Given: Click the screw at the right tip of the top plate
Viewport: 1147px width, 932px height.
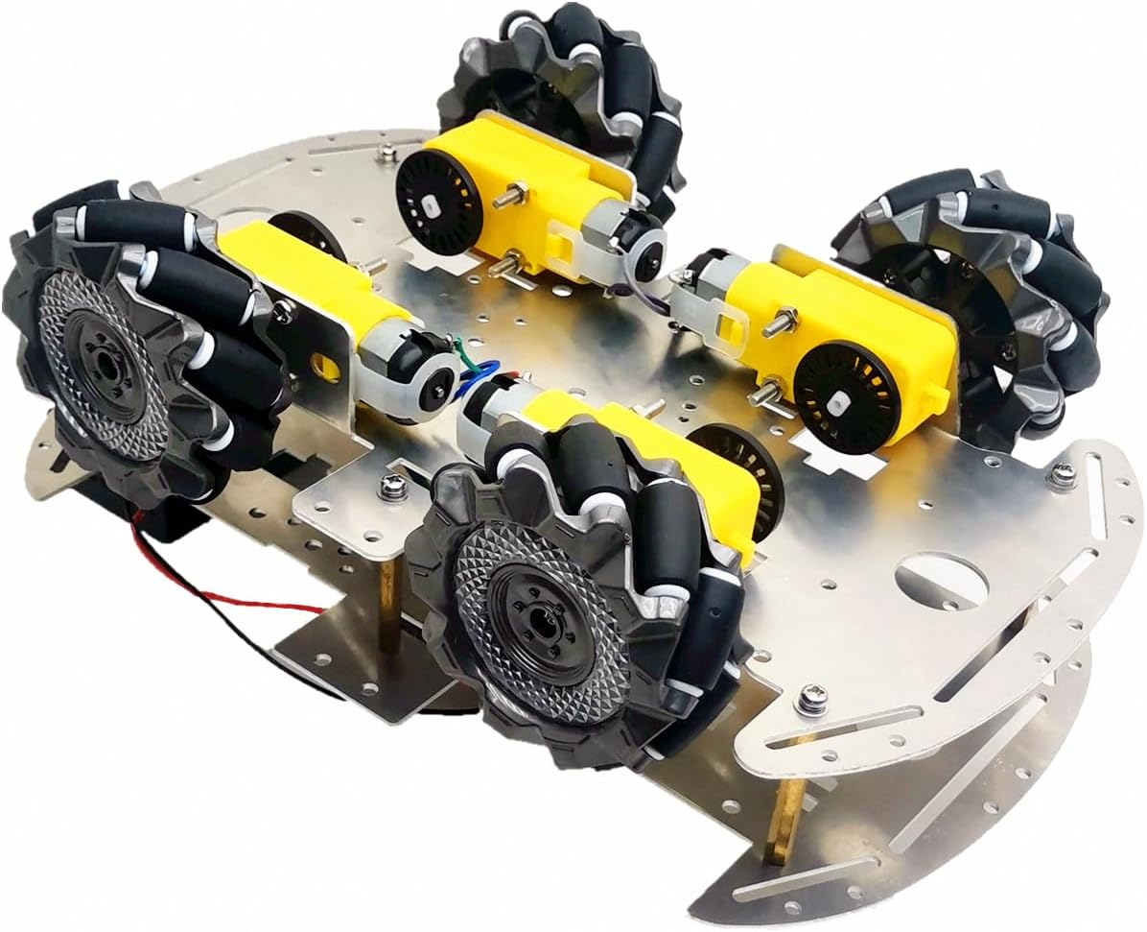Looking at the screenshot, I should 1064,473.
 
